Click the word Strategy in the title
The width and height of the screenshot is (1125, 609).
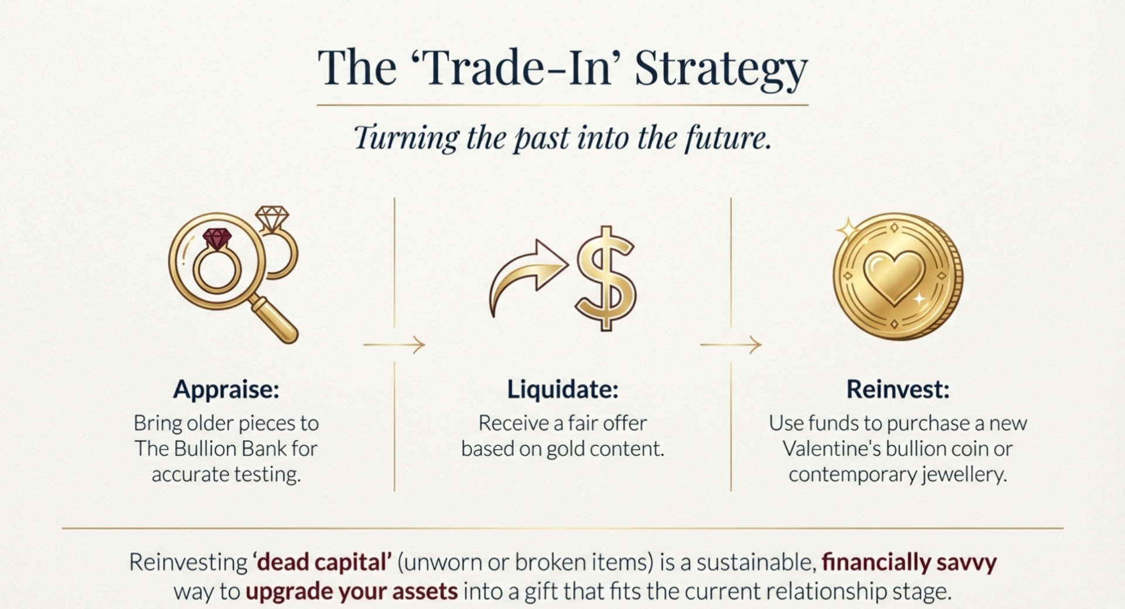[x=721, y=69]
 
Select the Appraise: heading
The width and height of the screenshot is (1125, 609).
[x=226, y=390]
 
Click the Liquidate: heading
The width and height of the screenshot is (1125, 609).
[x=562, y=389]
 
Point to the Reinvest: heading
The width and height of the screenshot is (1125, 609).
[x=898, y=389]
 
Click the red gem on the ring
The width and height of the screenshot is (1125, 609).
[x=217, y=239]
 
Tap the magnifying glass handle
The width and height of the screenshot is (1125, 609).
[x=274, y=320]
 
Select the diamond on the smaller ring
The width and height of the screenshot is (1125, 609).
[x=272, y=218]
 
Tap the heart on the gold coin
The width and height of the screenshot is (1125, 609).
[x=894, y=277]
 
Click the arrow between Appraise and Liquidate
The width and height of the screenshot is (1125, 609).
[x=394, y=345]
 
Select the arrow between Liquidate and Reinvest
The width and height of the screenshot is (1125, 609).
[x=731, y=345]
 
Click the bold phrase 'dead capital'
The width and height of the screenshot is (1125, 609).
[x=322, y=562]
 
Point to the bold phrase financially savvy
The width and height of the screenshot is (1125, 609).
[x=909, y=562]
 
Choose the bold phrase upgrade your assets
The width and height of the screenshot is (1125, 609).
[x=352, y=591]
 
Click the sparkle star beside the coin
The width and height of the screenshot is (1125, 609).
[x=847, y=229]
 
